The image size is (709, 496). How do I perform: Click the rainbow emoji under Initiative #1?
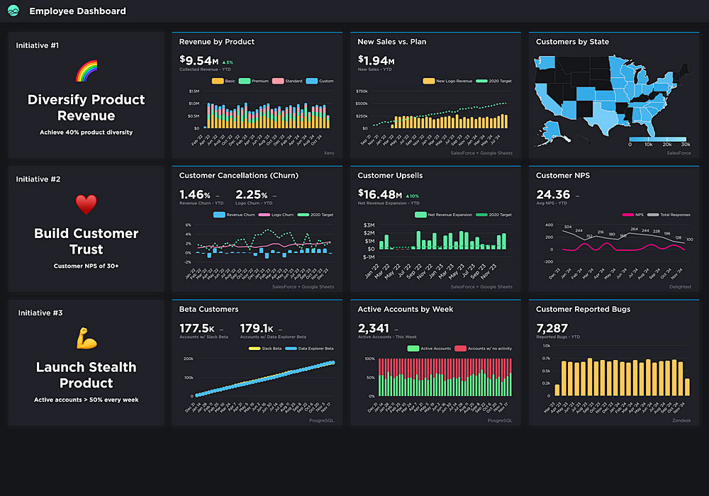pyautogui.click(x=86, y=71)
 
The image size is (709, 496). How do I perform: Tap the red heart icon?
pyautogui.click(x=86, y=205)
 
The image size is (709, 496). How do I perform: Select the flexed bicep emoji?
pyautogui.click(x=86, y=339)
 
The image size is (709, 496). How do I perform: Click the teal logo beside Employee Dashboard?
pyautogui.click(x=13, y=11)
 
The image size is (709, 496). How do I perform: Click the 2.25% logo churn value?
pyautogui.click(x=252, y=195)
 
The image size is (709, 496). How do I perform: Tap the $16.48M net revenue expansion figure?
pyautogui.click(x=380, y=195)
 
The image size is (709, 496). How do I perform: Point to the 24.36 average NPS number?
pyautogui.click(x=553, y=195)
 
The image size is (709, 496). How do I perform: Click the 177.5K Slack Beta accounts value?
pyautogui.click(x=197, y=328)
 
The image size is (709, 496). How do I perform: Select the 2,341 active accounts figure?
pyautogui.click(x=373, y=328)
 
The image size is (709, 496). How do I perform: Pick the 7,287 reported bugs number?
pyautogui.click(x=552, y=328)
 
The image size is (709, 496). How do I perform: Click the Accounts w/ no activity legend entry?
pyautogui.click(x=486, y=349)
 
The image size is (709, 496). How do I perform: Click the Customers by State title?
pyautogui.click(x=572, y=42)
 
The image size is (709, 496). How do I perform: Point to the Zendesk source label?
pyautogui.click(x=680, y=420)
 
